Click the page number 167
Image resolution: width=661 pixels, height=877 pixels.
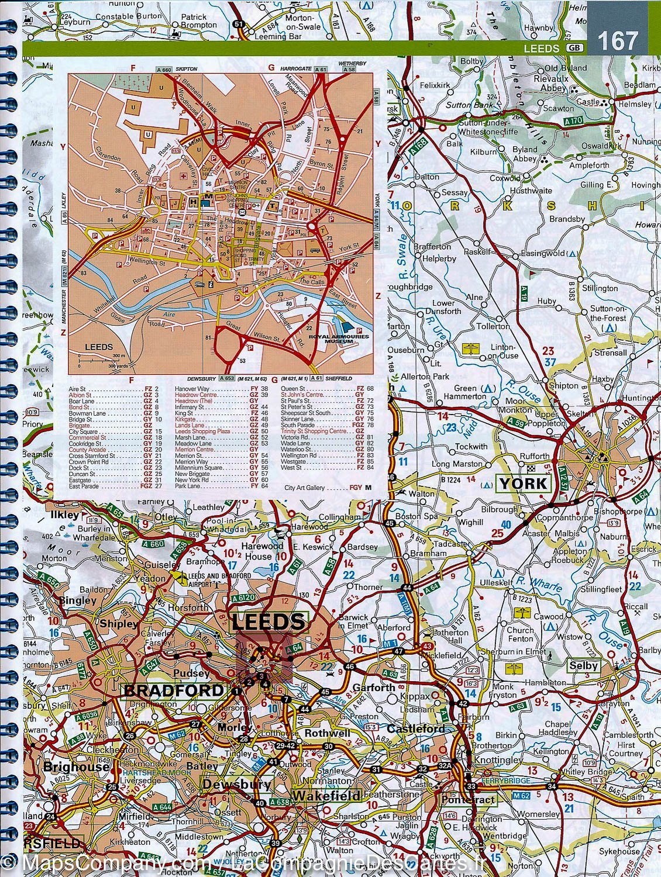pos(618,41)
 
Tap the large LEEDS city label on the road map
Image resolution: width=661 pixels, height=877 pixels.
pos(269,621)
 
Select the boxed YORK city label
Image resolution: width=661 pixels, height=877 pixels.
pos(523,483)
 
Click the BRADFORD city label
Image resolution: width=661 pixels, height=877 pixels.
pos(174,690)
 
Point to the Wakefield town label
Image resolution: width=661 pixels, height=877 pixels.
pos(326,796)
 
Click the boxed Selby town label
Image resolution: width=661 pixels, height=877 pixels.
pos(583,665)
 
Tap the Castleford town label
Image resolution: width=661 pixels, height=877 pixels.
pos(415,729)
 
